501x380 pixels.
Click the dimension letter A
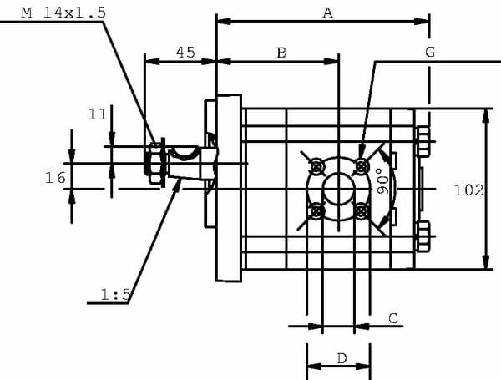click(x=327, y=13)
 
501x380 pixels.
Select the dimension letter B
click(x=281, y=53)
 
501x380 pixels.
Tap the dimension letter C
click(x=393, y=318)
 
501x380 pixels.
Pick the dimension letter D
click(x=342, y=358)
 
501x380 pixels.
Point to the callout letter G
click(x=430, y=52)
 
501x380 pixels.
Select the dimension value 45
click(x=185, y=53)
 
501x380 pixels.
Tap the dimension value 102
click(x=468, y=190)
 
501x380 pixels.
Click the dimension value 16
click(x=55, y=177)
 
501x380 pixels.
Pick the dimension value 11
click(x=98, y=114)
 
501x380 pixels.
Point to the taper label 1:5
click(x=115, y=294)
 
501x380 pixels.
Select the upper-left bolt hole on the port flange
click(x=316, y=166)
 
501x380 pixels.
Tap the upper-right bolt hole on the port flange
click(x=361, y=166)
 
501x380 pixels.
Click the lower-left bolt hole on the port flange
click(x=316, y=211)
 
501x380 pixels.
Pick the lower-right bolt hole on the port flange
click(x=361, y=211)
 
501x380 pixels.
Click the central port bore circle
click(x=338, y=189)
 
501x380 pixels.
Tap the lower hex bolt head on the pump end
click(x=423, y=236)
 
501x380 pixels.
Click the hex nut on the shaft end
click(x=154, y=163)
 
